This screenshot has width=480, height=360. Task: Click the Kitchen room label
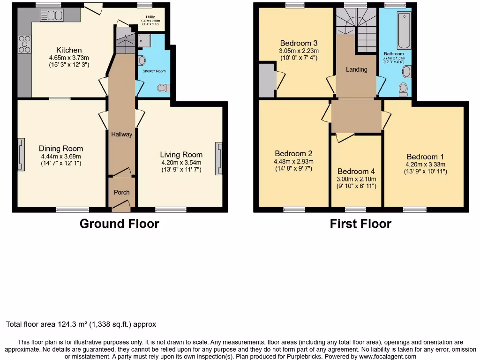tap(69, 50)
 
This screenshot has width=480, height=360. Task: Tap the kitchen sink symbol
tap(52, 15)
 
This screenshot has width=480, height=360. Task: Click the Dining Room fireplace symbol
tap(21, 155)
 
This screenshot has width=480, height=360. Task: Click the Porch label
tap(121, 192)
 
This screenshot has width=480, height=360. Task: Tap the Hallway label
tap(121, 135)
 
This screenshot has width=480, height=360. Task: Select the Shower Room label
tap(154, 71)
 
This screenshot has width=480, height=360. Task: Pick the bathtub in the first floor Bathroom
tap(404, 31)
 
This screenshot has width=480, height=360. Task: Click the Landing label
tap(356, 69)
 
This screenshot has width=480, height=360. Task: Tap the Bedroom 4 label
tap(356, 172)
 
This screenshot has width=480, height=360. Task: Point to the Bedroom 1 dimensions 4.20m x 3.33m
tap(426, 165)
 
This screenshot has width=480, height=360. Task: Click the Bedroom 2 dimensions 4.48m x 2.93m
tap(294, 161)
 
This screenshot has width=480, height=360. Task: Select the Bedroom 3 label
tap(299, 43)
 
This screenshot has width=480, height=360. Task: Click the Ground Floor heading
tap(119, 224)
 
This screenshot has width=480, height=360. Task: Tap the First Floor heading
tap(360, 224)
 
